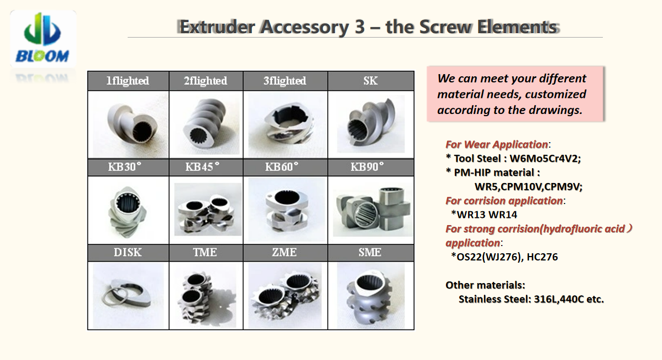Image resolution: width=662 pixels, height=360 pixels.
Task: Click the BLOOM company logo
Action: [x=43, y=39]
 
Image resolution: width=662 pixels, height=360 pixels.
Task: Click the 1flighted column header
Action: [x=128, y=81]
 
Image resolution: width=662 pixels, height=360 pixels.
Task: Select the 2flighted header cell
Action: [x=206, y=81]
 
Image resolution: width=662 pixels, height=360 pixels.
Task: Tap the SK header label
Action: [x=370, y=81]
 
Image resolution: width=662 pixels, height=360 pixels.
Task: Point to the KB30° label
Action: [x=124, y=167]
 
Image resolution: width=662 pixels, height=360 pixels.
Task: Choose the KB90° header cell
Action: [x=371, y=168]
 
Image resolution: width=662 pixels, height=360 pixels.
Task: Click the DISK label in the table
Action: [x=128, y=252]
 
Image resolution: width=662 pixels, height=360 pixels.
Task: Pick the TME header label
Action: [x=205, y=252]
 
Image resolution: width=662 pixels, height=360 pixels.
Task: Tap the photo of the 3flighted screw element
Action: [x=285, y=124]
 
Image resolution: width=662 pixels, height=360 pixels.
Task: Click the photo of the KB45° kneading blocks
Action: [x=208, y=209]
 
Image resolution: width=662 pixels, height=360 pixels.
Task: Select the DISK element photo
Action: [x=128, y=295]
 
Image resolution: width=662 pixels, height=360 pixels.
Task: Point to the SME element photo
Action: [x=371, y=295]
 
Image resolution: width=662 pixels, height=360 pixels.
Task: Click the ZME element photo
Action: [x=285, y=295]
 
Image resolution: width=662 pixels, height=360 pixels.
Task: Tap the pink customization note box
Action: [x=515, y=94]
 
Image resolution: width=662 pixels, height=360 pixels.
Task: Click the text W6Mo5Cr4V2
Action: [x=544, y=159]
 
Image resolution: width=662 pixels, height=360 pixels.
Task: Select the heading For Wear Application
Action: [x=496, y=144]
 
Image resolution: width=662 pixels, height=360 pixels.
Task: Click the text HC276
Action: [x=542, y=257]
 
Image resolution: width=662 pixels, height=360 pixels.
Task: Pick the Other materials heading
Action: [x=485, y=285]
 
